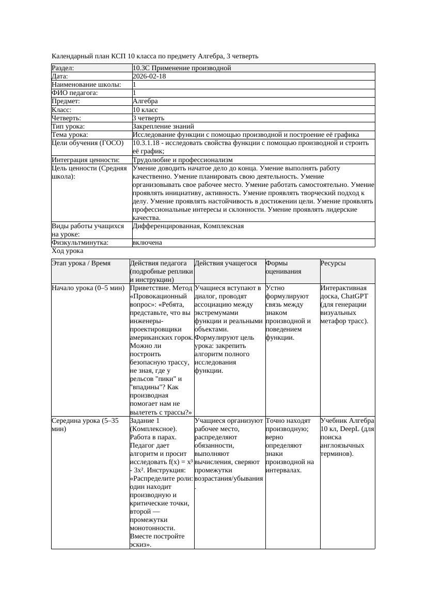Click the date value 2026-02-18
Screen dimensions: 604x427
(x=149, y=76)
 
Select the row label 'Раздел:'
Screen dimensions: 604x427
(x=63, y=68)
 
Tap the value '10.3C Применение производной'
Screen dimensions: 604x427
(x=182, y=68)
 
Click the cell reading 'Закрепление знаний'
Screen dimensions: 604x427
(x=163, y=126)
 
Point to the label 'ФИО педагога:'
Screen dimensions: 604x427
(x=75, y=93)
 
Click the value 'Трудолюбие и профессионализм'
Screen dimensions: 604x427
(x=182, y=160)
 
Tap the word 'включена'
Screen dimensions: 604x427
(x=147, y=243)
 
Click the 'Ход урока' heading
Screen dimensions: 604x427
(x=67, y=251)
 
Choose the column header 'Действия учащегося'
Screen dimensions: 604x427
(x=225, y=263)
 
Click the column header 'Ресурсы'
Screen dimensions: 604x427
(x=333, y=263)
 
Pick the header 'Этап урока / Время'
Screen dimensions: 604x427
(x=81, y=263)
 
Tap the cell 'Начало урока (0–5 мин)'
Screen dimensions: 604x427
(x=85, y=288)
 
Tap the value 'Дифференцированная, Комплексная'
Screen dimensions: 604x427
(x=188, y=226)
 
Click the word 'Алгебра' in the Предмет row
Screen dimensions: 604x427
(x=145, y=101)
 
